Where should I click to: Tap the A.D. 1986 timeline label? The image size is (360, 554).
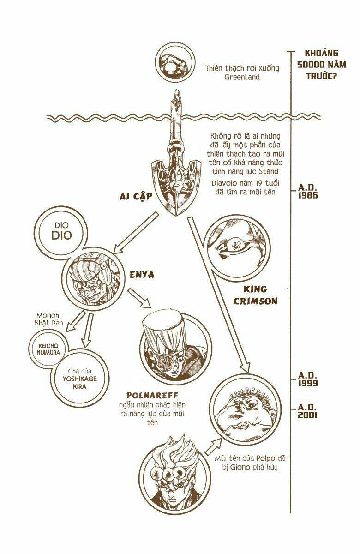point(307,191)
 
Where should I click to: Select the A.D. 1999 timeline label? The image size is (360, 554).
point(307,379)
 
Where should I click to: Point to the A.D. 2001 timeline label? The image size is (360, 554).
point(307,411)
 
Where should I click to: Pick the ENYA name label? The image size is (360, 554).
point(142,275)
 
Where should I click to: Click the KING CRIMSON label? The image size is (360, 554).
point(255,295)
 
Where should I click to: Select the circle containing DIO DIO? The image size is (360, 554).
point(61,211)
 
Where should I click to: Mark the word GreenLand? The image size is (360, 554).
point(242,77)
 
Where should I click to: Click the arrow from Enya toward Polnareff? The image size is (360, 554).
point(139,298)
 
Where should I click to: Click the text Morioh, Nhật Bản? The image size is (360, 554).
point(49,319)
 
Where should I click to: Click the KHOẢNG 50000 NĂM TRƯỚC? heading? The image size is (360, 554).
point(321,65)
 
